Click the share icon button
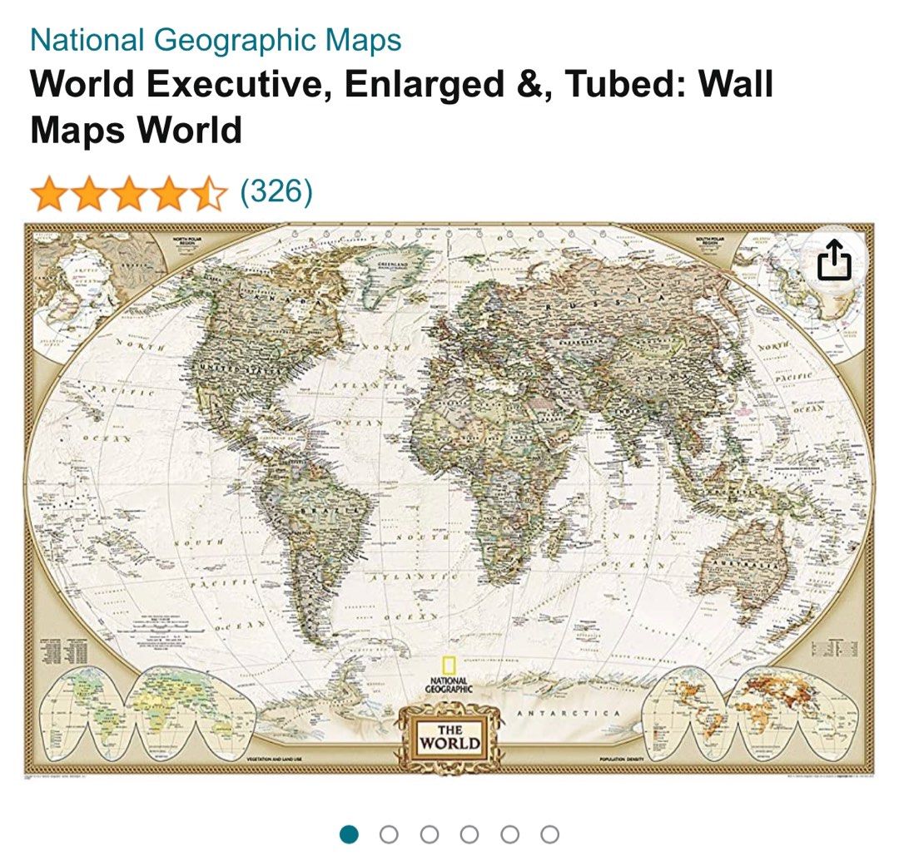click(834, 262)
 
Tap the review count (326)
click(276, 192)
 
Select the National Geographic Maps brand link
click(216, 40)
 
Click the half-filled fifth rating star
click(211, 195)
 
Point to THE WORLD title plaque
click(449, 736)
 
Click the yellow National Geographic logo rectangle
click(449, 667)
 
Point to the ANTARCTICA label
click(569, 714)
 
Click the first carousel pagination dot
click(350, 834)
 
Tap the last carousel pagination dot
click(549, 834)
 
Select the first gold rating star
click(47, 195)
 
